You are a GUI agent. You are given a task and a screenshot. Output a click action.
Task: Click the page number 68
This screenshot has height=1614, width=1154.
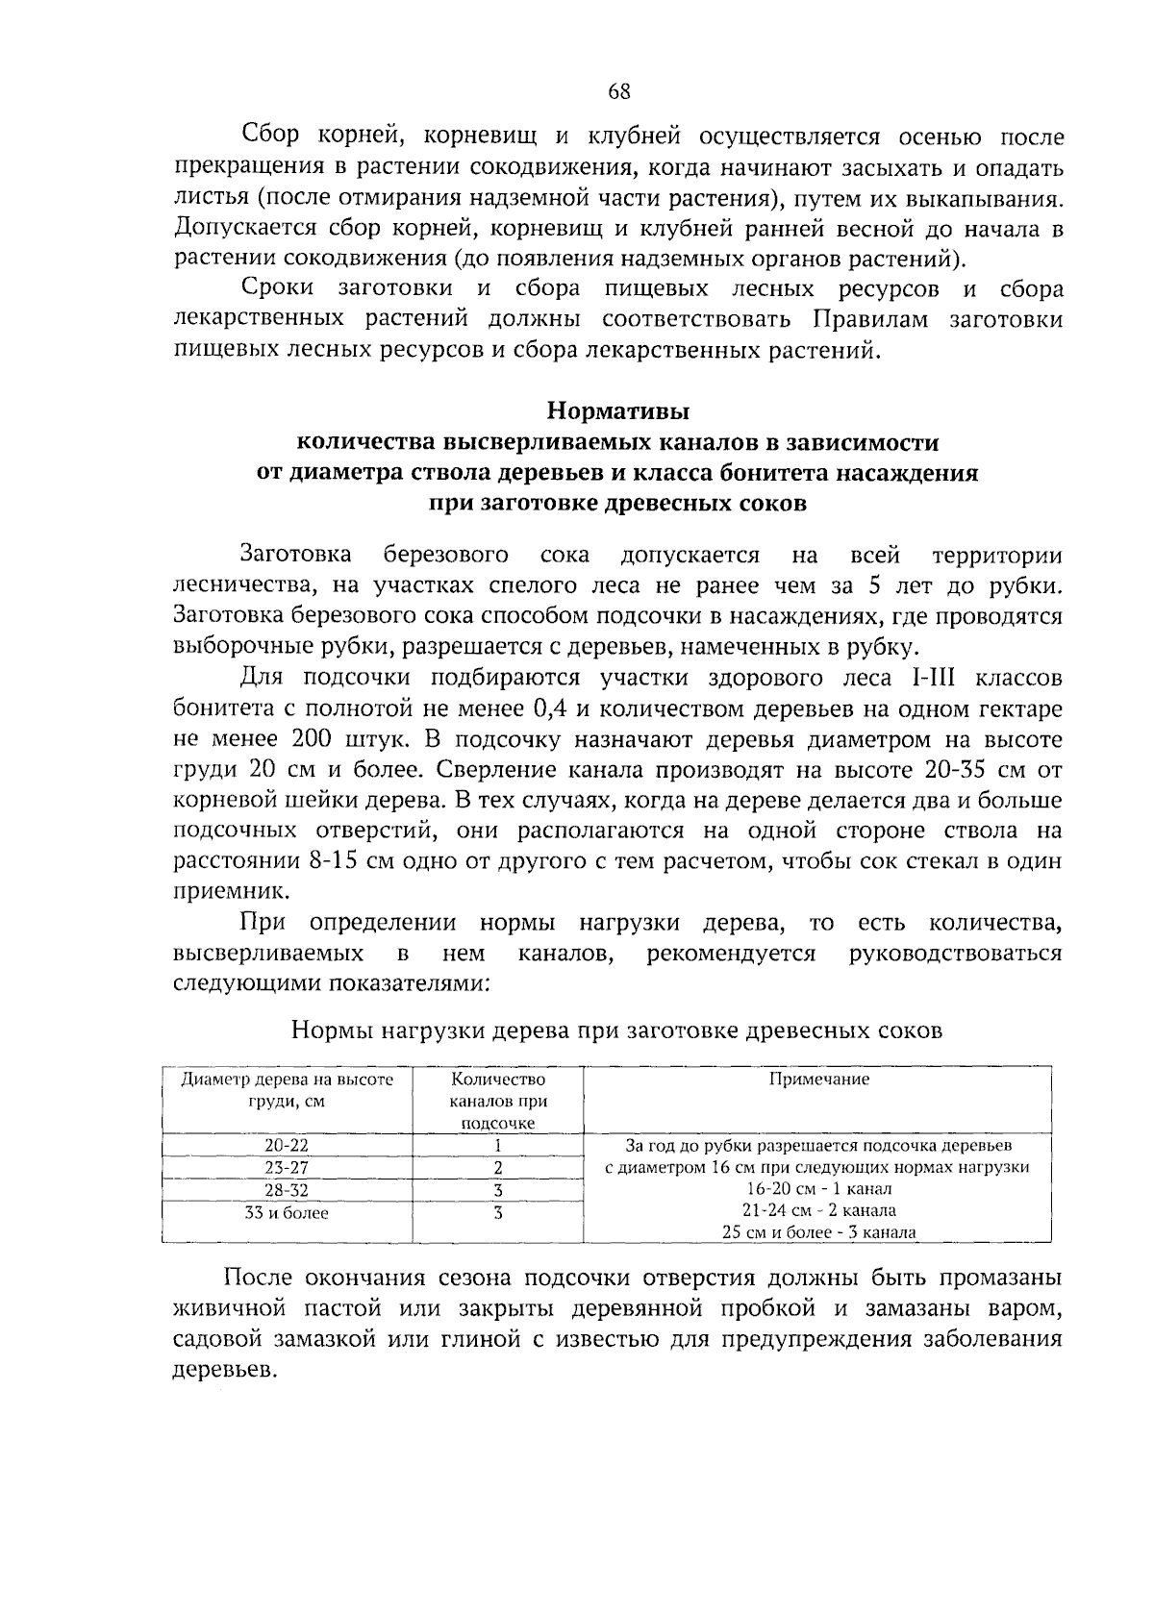point(618,91)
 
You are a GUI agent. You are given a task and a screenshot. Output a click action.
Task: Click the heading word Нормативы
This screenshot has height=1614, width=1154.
point(618,411)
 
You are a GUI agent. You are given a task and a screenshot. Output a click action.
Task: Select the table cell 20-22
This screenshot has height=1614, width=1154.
point(287,1145)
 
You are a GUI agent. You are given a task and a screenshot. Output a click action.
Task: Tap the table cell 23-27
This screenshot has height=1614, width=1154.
point(287,1167)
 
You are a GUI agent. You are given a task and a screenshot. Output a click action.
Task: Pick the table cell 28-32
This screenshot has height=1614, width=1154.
point(287,1190)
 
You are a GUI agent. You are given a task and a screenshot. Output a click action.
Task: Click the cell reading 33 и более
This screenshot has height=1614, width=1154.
point(287,1213)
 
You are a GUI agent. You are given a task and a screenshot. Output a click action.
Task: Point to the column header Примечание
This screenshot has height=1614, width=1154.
point(818,1079)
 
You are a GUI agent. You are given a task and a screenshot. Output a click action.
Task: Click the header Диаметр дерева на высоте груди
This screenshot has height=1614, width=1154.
point(288,1090)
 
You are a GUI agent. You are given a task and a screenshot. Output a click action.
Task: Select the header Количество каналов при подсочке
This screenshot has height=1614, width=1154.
point(498,1101)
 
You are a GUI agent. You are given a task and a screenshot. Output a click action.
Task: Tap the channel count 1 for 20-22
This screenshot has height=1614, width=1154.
point(498,1145)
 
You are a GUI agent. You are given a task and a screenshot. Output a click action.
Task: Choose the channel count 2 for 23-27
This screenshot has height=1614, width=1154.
point(498,1167)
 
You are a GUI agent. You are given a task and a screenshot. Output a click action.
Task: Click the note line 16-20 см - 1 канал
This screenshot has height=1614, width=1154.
point(818,1189)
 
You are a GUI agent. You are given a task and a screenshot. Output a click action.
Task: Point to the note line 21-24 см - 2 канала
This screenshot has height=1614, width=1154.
point(818,1210)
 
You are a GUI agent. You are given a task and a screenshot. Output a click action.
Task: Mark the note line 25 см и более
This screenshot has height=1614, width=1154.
point(818,1232)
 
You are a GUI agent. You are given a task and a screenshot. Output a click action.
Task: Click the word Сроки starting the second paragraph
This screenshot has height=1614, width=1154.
point(278,289)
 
